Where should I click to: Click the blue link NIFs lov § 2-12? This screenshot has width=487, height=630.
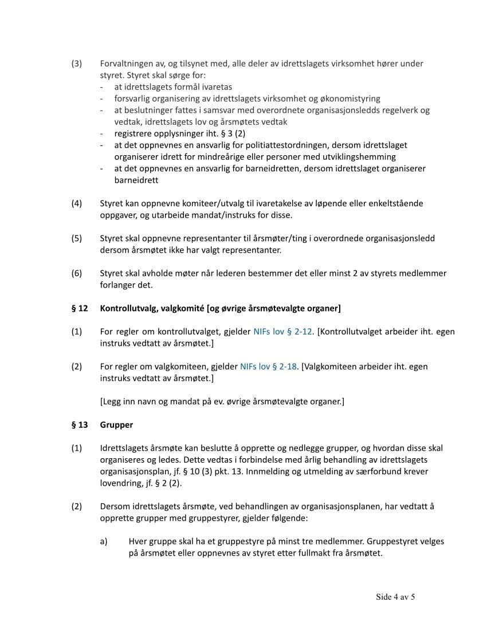point(282,332)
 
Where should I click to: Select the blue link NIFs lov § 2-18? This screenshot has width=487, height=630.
point(269,367)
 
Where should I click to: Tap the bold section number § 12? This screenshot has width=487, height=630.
point(80,309)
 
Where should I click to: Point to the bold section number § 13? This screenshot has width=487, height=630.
point(80,425)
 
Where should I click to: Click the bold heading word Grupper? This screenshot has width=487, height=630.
point(116,425)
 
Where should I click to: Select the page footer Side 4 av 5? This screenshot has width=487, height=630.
point(395,597)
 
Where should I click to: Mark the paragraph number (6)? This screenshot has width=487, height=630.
point(77,273)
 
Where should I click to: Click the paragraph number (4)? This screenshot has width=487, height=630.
point(77,203)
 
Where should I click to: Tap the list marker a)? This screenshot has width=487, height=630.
point(104,541)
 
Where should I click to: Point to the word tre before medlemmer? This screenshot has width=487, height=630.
point(303,541)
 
